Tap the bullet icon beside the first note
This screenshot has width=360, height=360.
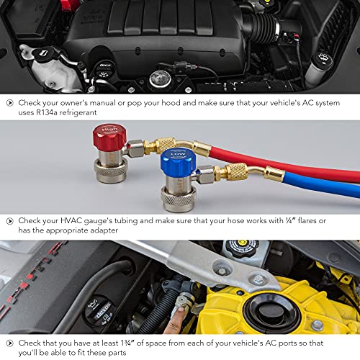pyautogui.click(x=9, y=103)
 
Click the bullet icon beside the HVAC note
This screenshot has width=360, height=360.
pyautogui.click(x=9, y=220)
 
